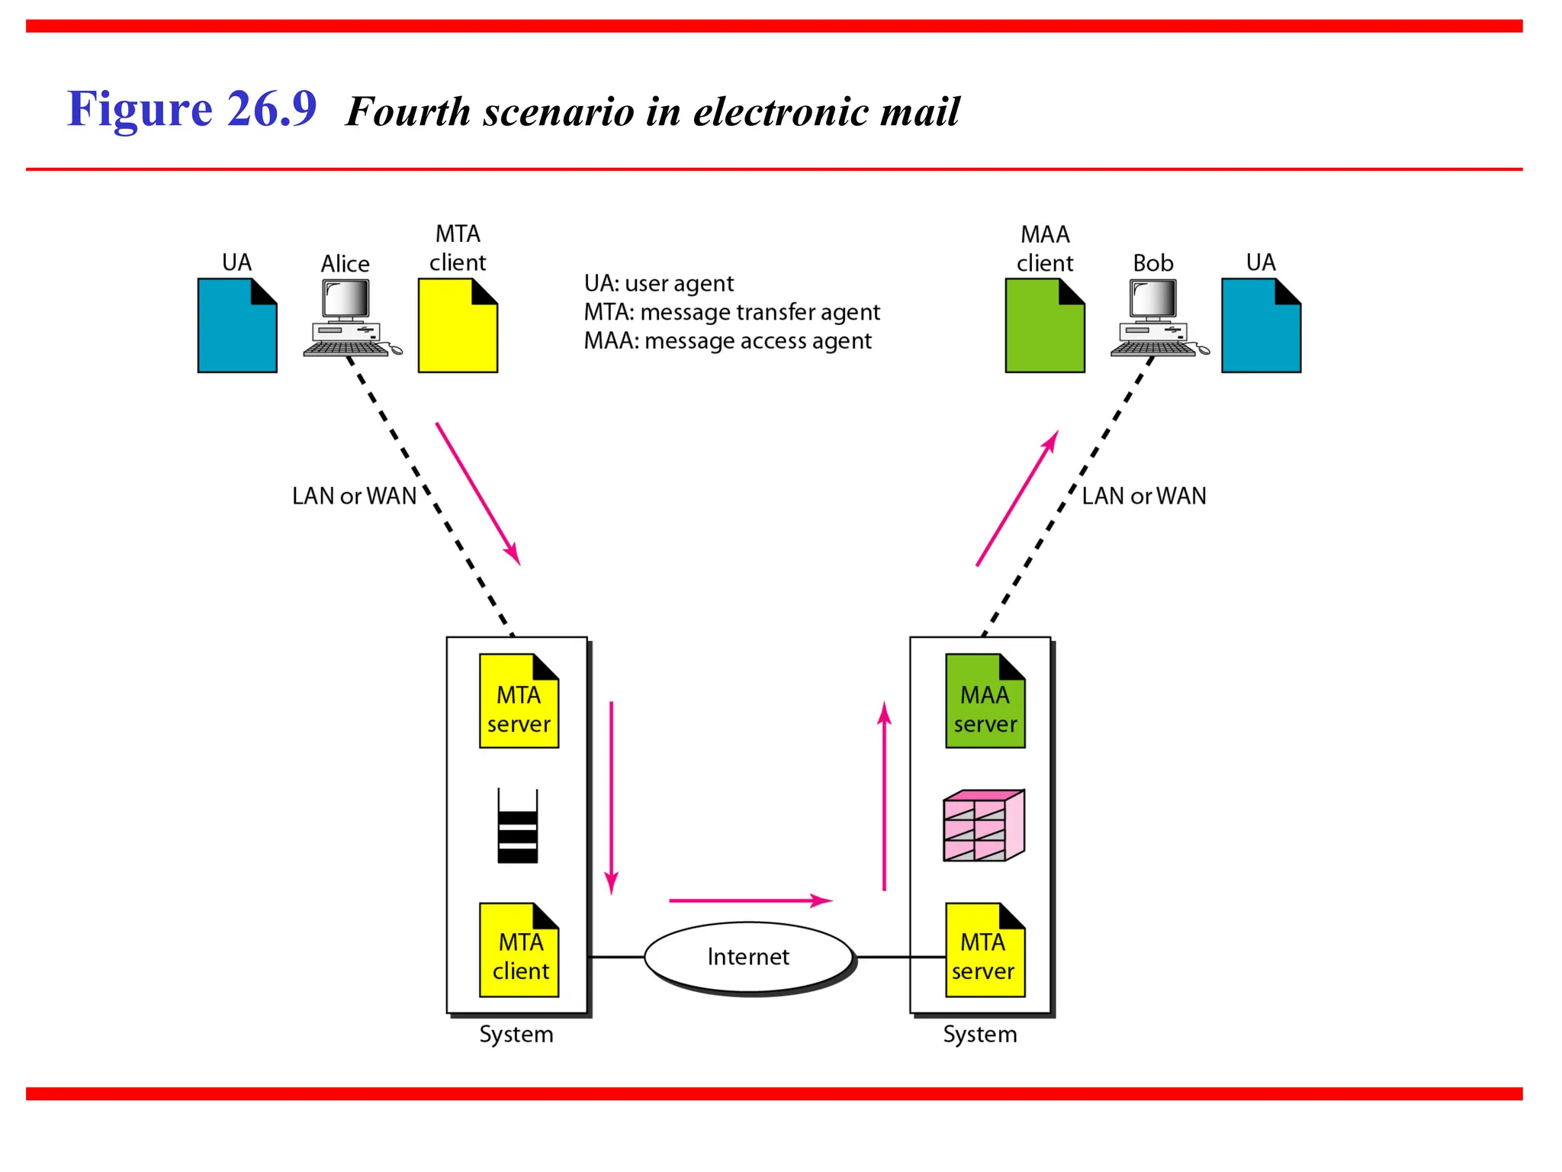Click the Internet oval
click(748, 957)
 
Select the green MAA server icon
click(985, 701)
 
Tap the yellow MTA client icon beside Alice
click(458, 326)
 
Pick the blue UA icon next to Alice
click(237, 326)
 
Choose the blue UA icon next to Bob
click(1261, 326)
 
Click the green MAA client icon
click(1045, 326)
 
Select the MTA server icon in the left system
click(519, 701)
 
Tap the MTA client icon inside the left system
click(519, 950)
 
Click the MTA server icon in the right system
click(985, 950)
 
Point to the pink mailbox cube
click(983, 826)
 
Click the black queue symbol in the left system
click(517, 826)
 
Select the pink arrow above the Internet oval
click(750, 900)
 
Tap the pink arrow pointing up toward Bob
click(1017, 498)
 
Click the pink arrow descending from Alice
click(478, 494)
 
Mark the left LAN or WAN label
click(354, 496)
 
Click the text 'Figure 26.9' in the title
click(191, 108)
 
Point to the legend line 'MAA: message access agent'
click(727, 341)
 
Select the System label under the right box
click(979, 1035)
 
